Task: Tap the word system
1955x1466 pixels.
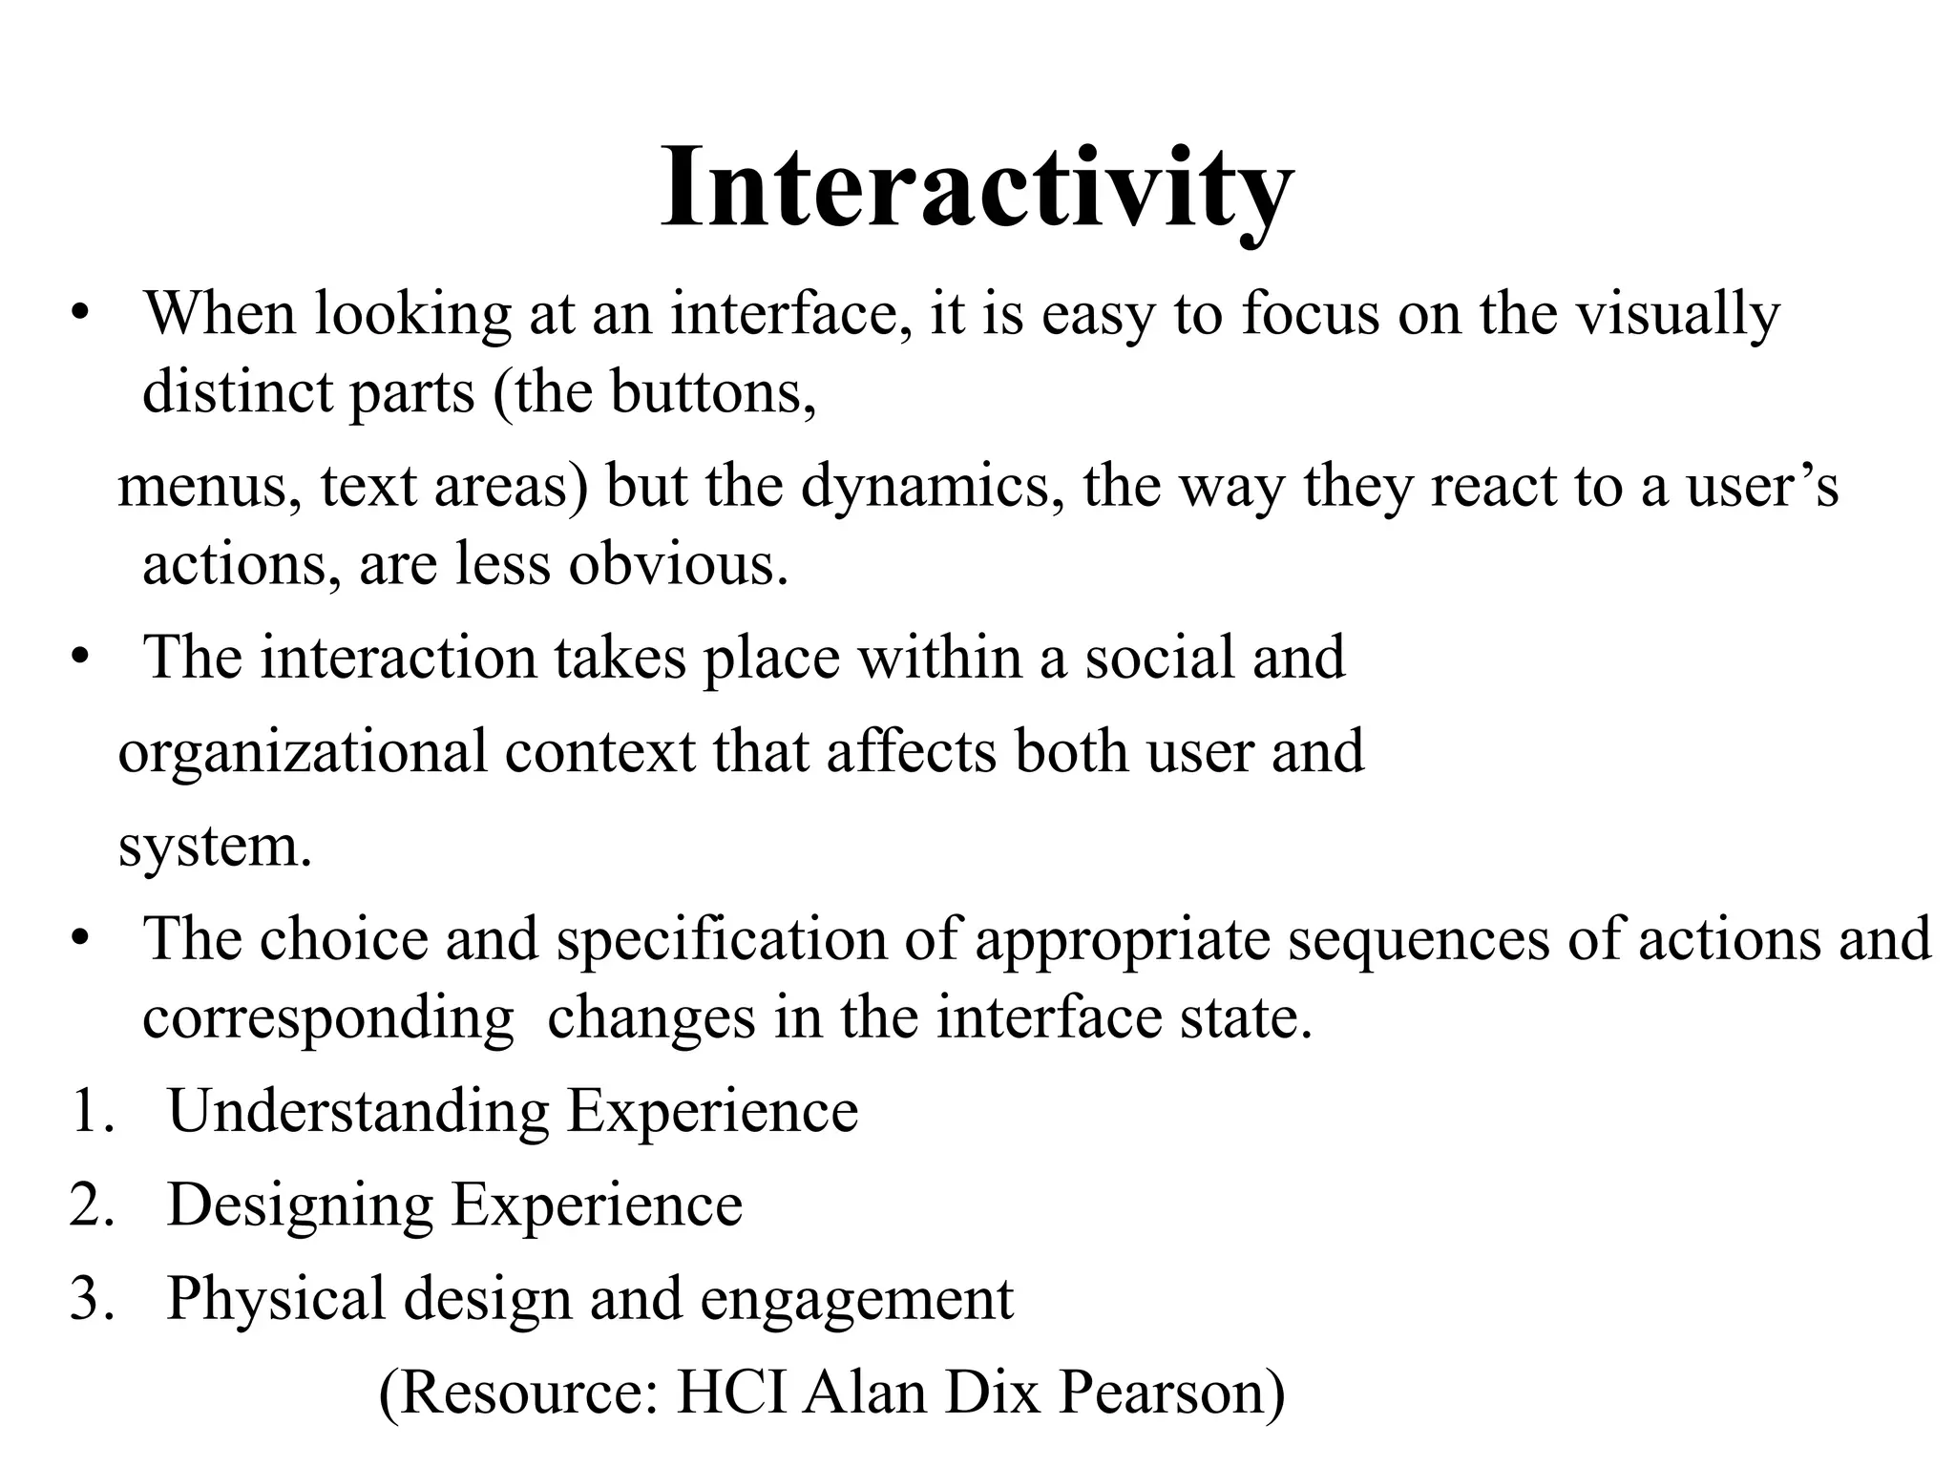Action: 215,846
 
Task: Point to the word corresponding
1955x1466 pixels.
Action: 328,1016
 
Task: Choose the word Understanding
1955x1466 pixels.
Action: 358,1111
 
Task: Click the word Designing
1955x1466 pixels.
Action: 301,1204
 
